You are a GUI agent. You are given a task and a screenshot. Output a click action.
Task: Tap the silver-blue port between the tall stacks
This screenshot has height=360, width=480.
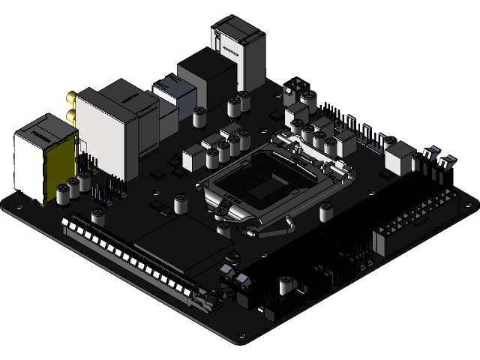pos(174,96)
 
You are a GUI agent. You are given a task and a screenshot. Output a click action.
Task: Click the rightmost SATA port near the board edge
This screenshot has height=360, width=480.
pos(447,160)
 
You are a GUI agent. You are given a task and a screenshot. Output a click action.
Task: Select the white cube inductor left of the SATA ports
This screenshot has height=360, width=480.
pos(399,157)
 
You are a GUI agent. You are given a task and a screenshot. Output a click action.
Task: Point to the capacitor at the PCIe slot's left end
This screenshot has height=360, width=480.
pos(98,217)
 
